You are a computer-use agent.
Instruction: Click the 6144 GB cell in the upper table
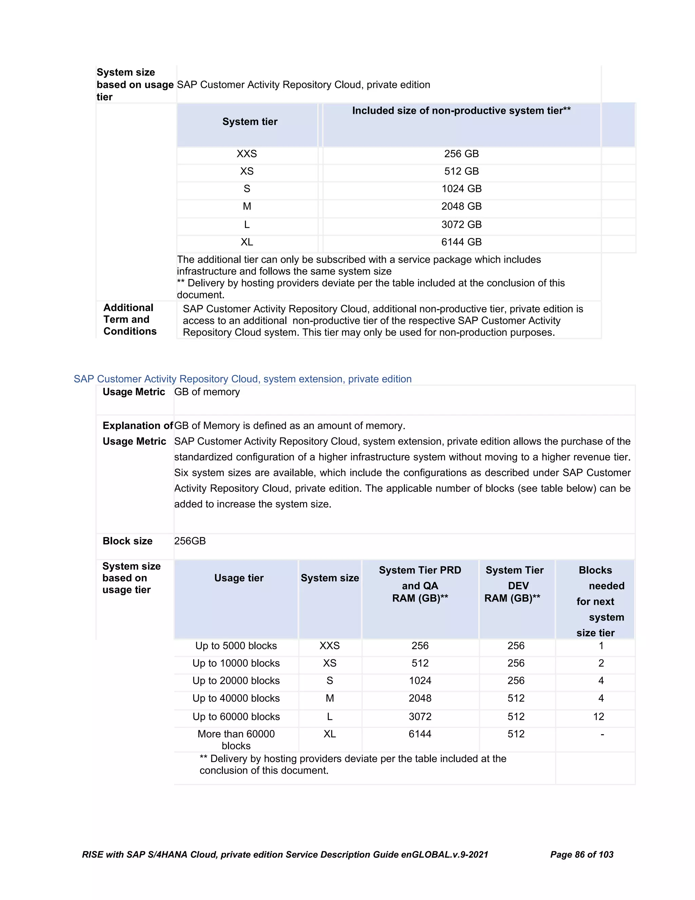[461, 242]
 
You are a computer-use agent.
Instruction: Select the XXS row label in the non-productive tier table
[247, 154]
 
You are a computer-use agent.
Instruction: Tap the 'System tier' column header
[249, 122]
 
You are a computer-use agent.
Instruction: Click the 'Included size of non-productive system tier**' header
[461, 111]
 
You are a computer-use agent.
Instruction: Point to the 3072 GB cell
[461, 224]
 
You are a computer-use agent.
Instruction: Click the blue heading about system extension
[243, 379]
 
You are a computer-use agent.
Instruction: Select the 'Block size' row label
[127, 541]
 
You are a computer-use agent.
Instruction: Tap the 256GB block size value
[190, 541]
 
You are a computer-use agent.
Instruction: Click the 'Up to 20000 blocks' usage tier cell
[236, 681]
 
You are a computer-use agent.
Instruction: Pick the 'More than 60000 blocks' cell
[236, 740]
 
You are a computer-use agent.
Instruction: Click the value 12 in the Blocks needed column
[598, 717]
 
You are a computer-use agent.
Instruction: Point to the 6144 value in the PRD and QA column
[420, 734]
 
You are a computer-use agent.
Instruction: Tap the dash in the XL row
[602, 734]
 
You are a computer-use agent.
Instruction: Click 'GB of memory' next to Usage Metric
[207, 392]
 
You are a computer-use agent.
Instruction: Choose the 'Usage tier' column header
[239, 578]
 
